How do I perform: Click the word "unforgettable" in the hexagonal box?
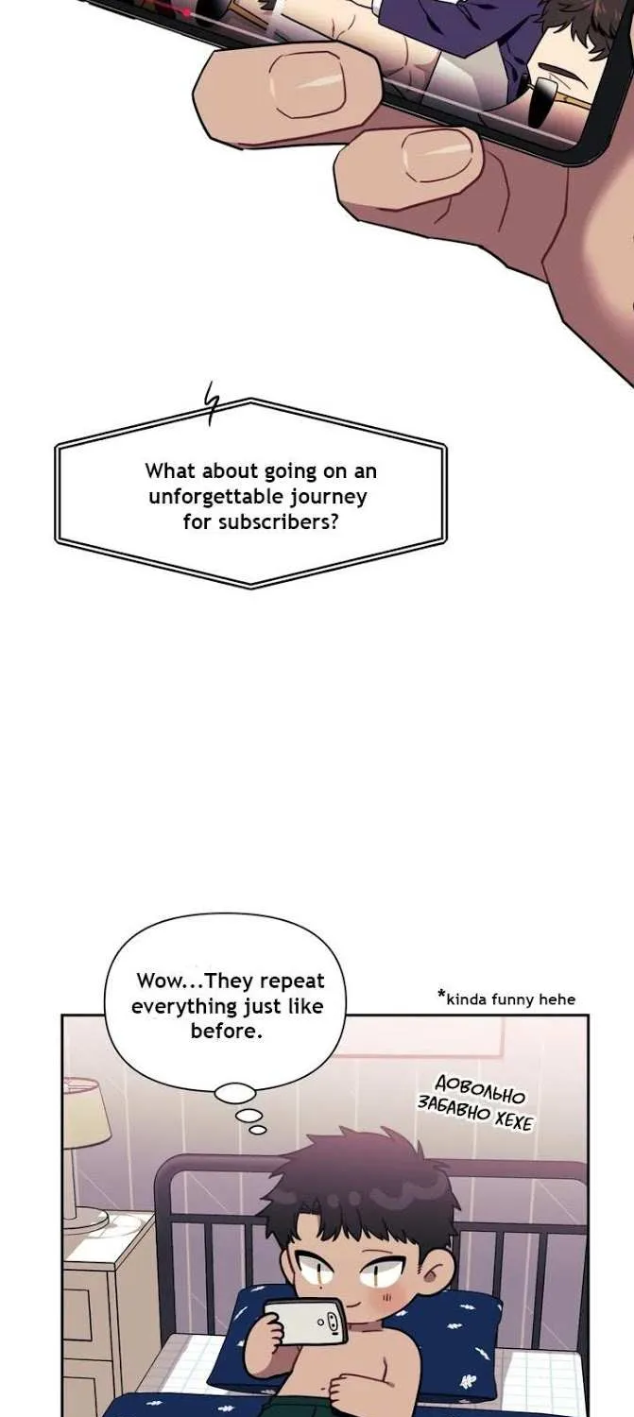coord(216,497)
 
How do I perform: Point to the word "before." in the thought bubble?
coord(227,1032)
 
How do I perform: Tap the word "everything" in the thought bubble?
coord(183,1006)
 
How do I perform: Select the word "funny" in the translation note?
coord(516,1000)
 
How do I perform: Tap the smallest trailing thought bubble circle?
coord(258,1130)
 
